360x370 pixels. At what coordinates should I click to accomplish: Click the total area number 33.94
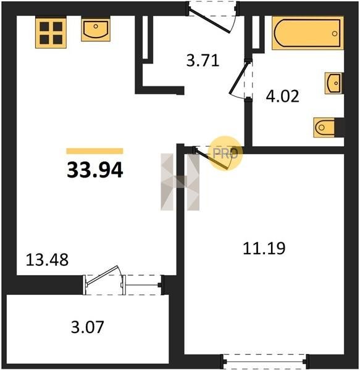[x=94, y=170]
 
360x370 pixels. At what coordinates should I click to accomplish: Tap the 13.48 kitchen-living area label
[x=47, y=260]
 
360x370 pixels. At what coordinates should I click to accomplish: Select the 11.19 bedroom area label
[x=264, y=249]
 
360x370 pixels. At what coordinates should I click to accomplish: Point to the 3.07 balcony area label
[x=88, y=327]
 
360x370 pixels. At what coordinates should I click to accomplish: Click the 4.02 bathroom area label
[x=283, y=96]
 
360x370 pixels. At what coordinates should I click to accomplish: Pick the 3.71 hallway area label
[x=203, y=60]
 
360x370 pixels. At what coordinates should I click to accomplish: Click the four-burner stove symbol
[x=51, y=33]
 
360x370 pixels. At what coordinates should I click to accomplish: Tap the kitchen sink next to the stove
[x=96, y=30]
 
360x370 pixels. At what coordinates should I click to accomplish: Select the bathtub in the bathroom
[x=308, y=33]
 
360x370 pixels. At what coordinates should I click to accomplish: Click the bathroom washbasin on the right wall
[x=334, y=83]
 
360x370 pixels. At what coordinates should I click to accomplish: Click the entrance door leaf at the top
[x=209, y=21]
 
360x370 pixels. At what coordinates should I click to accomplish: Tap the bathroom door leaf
[x=238, y=77]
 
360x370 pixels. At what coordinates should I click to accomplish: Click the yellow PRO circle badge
[x=225, y=154]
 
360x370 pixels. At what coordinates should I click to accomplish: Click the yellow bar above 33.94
[x=94, y=151]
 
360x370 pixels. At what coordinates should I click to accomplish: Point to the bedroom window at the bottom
[x=266, y=361]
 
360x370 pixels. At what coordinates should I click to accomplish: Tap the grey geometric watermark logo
[x=180, y=182]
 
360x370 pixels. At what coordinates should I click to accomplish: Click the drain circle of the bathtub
[x=335, y=33]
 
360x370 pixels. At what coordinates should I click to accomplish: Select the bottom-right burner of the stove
[x=57, y=39]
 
